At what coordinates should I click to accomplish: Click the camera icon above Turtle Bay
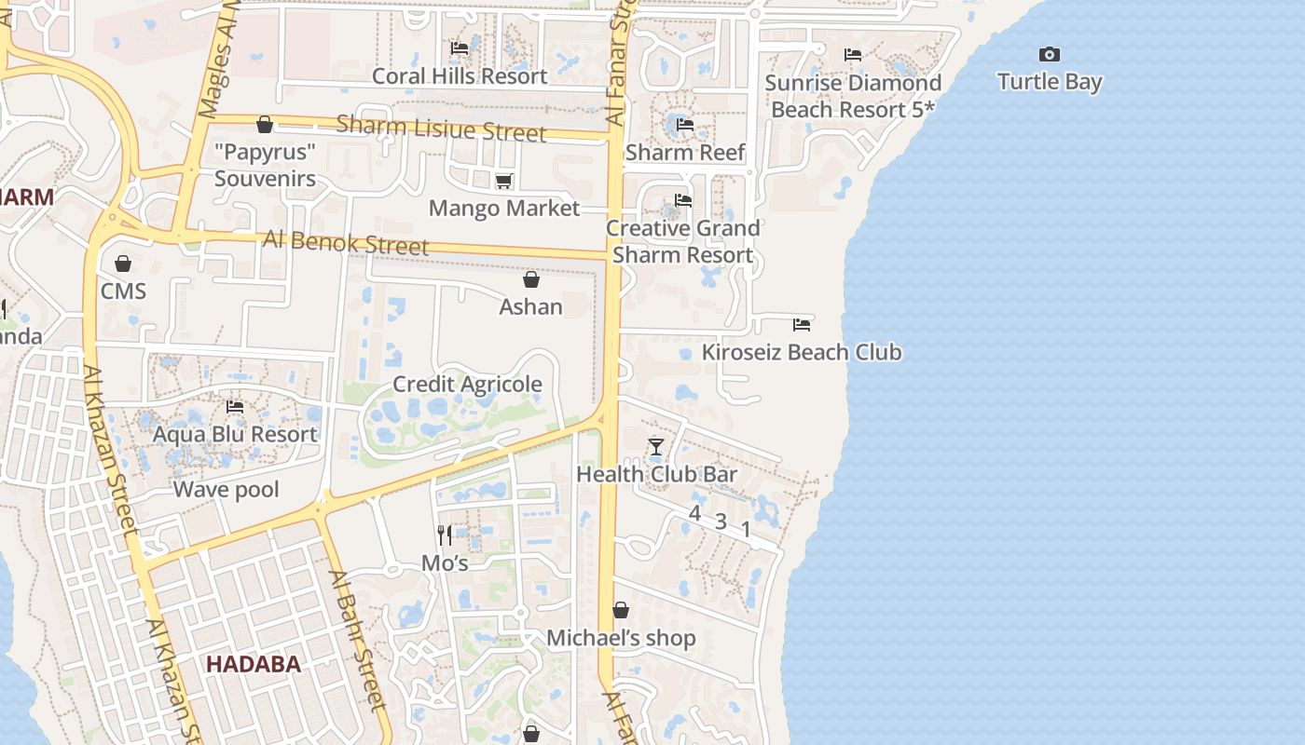click(1050, 55)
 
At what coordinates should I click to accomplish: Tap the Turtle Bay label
click(1050, 82)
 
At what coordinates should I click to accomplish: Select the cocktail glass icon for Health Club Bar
click(656, 447)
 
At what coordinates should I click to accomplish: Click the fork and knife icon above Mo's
click(445, 535)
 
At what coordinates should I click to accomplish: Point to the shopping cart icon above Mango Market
click(503, 181)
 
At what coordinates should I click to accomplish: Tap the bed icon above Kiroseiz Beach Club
click(802, 325)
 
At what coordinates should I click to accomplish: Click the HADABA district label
click(254, 664)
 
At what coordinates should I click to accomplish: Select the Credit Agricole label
click(467, 384)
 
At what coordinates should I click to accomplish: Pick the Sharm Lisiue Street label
click(441, 129)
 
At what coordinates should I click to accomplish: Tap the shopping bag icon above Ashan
click(531, 279)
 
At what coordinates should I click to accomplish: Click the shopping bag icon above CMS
click(123, 264)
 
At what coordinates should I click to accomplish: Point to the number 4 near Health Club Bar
click(694, 513)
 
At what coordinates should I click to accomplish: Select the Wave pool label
click(227, 489)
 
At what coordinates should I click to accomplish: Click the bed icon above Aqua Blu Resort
click(235, 407)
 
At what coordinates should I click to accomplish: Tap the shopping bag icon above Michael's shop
click(621, 610)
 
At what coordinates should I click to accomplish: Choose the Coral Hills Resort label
click(460, 75)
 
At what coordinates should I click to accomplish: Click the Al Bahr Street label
click(357, 640)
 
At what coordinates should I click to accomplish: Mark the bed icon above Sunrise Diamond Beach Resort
click(853, 55)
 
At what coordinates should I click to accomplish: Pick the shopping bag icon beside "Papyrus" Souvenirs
click(265, 125)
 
